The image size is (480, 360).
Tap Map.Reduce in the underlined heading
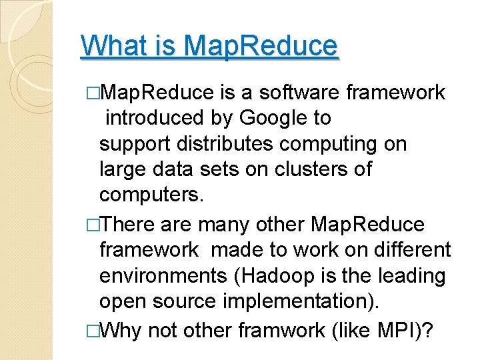[x=260, y=46]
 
